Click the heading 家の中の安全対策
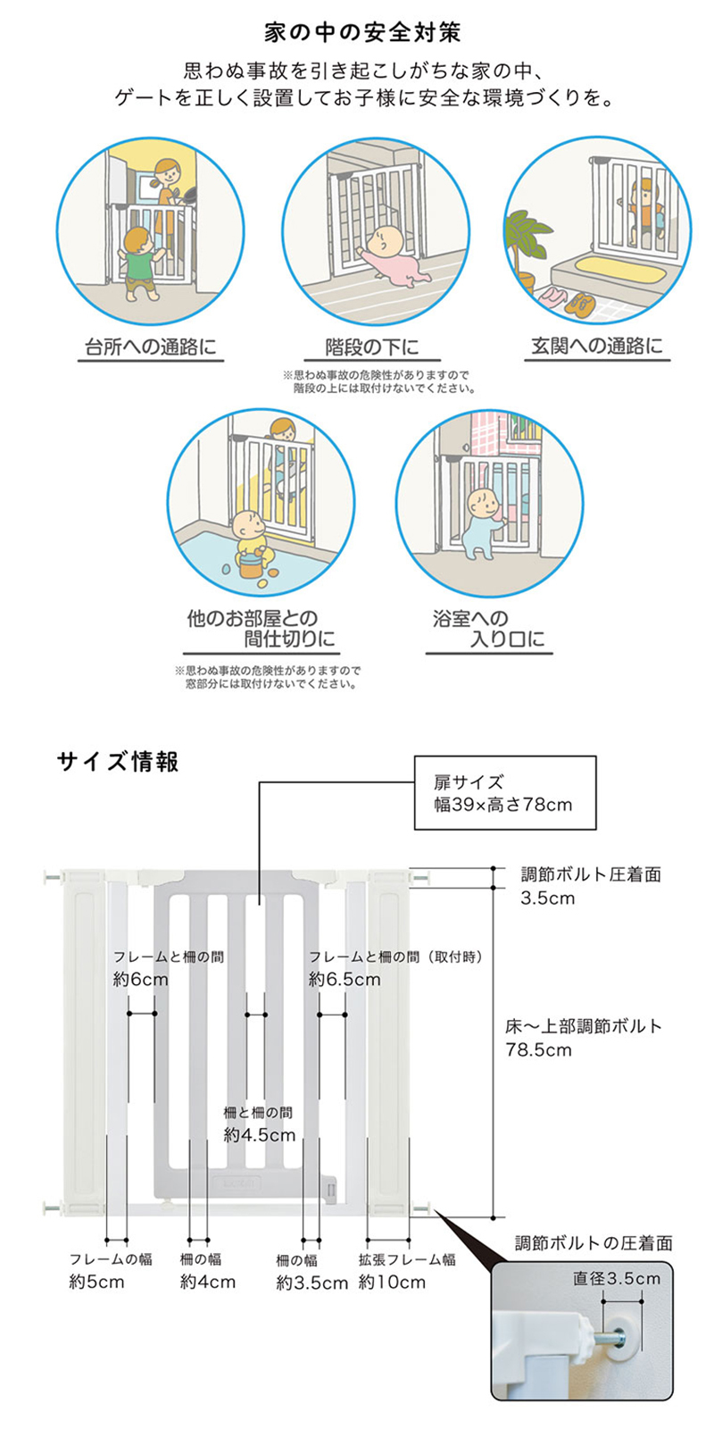click(x=362, y=32)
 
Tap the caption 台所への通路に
click(x=151, y=347)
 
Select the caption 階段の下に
click(x=372, y=347)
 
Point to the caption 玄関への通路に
click(x=597, y=346)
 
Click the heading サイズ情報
click(x=118, y=762)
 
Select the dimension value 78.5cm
click(x=539, y=1049)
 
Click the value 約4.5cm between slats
click(x=260, y=1135)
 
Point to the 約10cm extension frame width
click(x=392, y=1282)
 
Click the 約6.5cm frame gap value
click(x=345, y=979)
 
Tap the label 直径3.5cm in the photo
click(x=617, y=1278)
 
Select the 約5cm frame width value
click(x=96, y=1282)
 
